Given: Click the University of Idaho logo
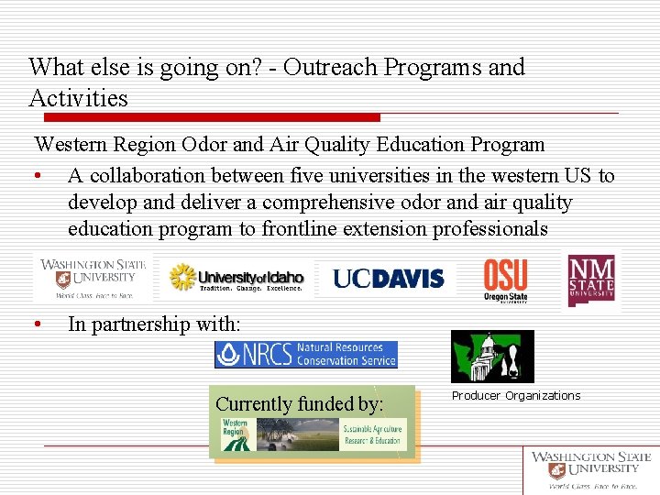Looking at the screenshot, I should (x=236, y=278).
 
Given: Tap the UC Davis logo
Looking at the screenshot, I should (x=388, y=278).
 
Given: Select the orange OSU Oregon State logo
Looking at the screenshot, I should (x=505, y=279).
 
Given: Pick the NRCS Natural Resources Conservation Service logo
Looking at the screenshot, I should (x=306, y=355).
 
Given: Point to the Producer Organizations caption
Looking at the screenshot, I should (x=516, y=396).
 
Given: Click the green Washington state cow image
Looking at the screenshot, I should (x=492, y=356).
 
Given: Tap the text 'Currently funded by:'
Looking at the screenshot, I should (x=299, y=403).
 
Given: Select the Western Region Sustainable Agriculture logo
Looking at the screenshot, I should (x=312, y=434).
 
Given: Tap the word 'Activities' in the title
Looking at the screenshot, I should (x=78, y=97).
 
